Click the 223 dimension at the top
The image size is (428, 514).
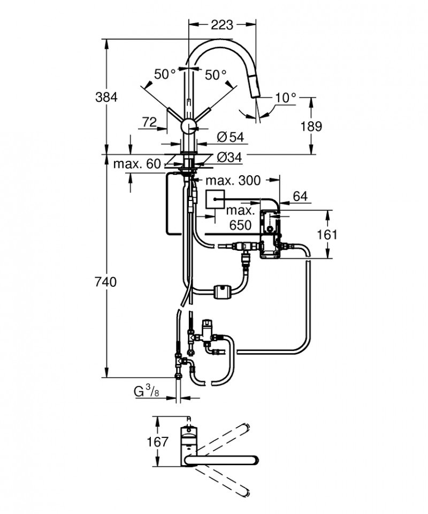tap(221, 24)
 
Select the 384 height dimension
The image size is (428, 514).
tap(106, 97)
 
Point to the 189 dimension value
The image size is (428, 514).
tap(311, 126)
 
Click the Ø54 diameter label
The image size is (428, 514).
tap(230, 137)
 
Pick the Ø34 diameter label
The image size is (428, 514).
tap(230, 158)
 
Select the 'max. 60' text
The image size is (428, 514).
tap(137, 164)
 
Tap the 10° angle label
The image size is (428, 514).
tap(286, 98)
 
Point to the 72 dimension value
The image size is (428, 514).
tap(149, 122)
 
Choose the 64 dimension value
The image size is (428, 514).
tap(301, 196)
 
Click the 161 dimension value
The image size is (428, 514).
tap(327, 234)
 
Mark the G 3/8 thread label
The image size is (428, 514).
tap(146, 392)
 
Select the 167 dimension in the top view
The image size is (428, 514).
tap(158, 442)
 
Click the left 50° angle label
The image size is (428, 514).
tap(165, 75)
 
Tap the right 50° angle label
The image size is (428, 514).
tap(215, 75)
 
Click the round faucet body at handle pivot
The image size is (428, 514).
tap(188, 126)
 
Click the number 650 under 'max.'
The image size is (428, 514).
tap(240, 225)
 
